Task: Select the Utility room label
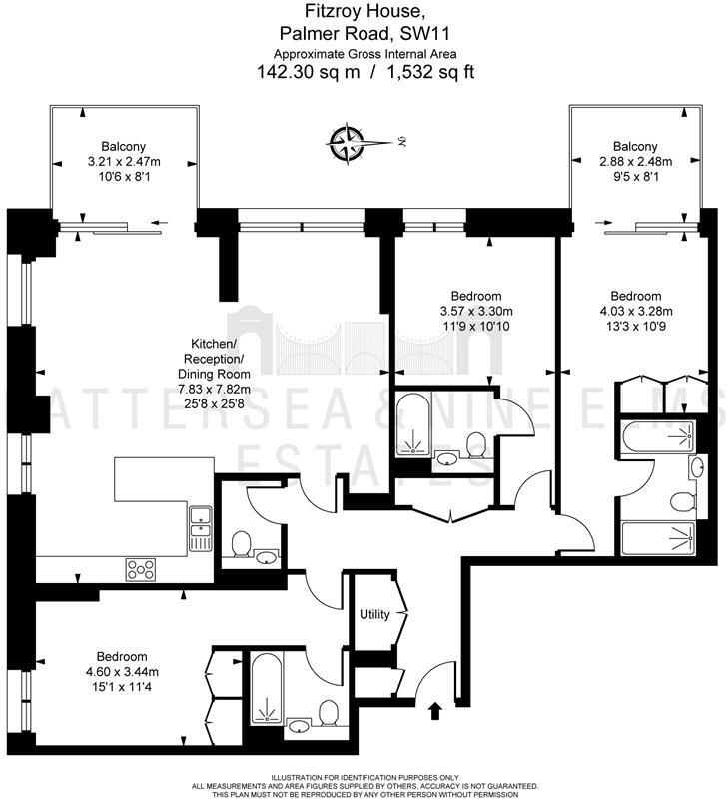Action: [x=374, y=614]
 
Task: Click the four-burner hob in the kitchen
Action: [x=141, y=569]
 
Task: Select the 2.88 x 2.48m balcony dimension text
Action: [x=635, y=162]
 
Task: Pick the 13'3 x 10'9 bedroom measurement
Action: [x=635, y=324]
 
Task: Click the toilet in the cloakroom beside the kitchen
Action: [x=241, y=545]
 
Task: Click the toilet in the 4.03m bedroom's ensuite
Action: [x=682, y=500]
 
